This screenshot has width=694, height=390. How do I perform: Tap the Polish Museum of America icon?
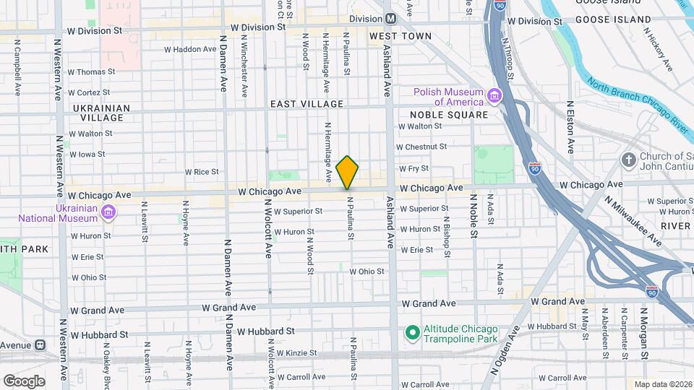tap(494, 96)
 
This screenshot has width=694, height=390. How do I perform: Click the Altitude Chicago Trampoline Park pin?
tap(413, 333)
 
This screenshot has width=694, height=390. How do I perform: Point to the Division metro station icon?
tap(390, 18)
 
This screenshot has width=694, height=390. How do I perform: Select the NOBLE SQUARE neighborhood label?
tap(449, 115)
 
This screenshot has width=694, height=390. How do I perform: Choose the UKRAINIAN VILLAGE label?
tap(101, 113)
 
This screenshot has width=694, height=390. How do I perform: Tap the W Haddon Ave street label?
tap(190, 50)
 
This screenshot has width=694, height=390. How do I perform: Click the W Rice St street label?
tap(201, 172)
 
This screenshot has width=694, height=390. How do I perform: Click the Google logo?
tap(24, 381)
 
